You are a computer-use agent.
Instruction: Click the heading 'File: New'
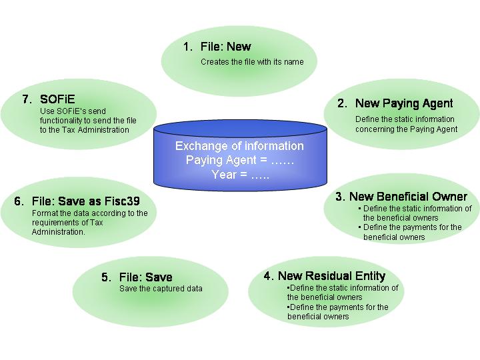[x=226, y=47]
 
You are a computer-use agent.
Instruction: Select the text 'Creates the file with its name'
[x=252, y=62]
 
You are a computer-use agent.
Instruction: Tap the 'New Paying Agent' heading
[x=404, y=103]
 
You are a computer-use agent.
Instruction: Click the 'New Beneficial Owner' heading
[x=408, y=196]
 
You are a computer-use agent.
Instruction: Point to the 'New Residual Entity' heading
[x=331, y=276]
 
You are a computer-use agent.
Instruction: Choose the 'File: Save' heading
[x=145, y=277]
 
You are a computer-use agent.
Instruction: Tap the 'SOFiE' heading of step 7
[x=57, y=99]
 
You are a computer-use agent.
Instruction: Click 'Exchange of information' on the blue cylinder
[x=239, y=146]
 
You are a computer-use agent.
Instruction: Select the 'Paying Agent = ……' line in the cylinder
[x=239, y=161]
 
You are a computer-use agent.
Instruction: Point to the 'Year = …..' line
[x=239, y=175]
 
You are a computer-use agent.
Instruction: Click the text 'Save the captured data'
[x=161, y=289]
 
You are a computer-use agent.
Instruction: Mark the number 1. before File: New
[x=187, y=47]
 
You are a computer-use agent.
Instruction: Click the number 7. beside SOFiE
[x=27, y=99]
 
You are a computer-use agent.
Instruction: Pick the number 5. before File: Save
[x=107, y=277]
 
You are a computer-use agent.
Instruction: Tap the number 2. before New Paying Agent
[x=342, y=103]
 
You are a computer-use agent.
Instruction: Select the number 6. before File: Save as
[x=19, y=201]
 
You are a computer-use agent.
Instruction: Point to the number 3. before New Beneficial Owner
[x=340, y=196]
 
